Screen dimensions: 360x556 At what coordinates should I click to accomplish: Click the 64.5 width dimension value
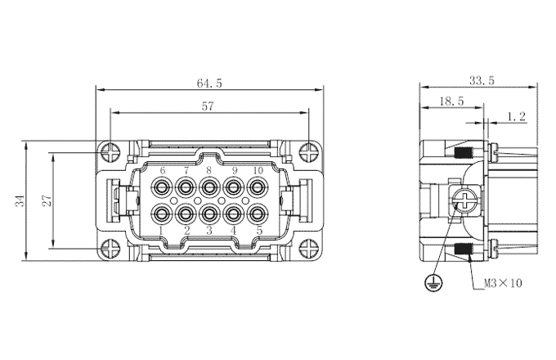click(210, 83)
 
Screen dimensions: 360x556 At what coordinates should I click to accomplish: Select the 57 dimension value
click(208, 106)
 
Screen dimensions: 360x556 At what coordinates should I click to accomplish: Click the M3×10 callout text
click(503, 283)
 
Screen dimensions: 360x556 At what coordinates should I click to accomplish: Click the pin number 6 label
click(163, 170)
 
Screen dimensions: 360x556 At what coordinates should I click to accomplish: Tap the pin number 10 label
click(258, 170)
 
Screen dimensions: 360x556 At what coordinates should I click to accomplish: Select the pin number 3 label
click(209, 231)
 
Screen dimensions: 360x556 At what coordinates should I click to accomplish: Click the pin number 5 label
click(258, 231)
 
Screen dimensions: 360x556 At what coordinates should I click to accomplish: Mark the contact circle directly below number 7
click(186, 187)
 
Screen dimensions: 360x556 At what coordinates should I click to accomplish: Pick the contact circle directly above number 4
click(234, 214)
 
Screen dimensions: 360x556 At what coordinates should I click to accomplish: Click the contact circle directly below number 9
click(234, 187)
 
